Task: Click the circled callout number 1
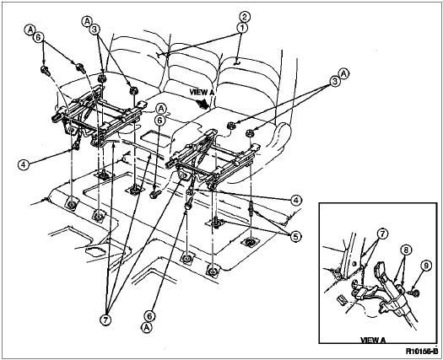(x=241, y=28)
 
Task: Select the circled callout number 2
(x=245, y=17)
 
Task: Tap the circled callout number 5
(x=295, y=237)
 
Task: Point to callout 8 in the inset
(x=406, y=250)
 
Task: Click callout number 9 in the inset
(x=426, y=266)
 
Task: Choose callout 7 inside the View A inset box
(x=382, y=234)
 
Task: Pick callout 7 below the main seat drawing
(x=105, y=320)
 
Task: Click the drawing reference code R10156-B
(x=422, y=352)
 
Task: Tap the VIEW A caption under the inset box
(x=373, y=340)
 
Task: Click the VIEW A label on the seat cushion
(x=202, y=92)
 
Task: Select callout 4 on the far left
(x=24, y=164)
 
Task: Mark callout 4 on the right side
(x=295, y=201)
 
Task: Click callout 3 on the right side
(x=334, y=82)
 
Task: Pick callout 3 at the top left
(x=96, y=30)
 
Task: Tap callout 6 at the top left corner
(x=39, y=37)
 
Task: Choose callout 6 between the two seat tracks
(x=159, y=121)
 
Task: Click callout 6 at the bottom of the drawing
(x=149, y=316)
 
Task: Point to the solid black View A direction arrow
(x=203, y=104)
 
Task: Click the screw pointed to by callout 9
(x=415, y=293)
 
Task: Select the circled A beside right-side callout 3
(x=343, y=73)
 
